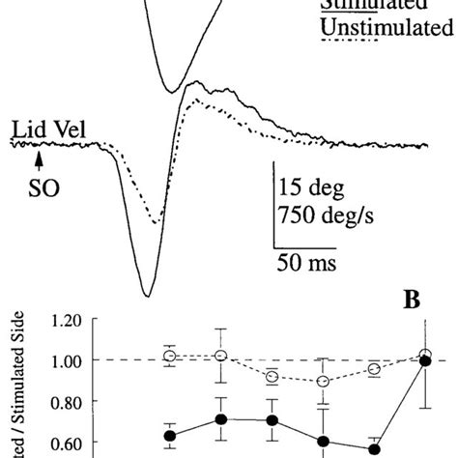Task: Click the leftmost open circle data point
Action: tap(171, 357)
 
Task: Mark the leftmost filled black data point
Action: tap(171, 436)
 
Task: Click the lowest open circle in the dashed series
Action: tap(323, 382)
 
